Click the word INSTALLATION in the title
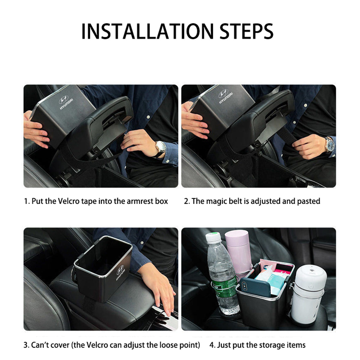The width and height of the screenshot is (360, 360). coord(147,31)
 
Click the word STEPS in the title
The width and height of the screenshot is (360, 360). coord(247,31)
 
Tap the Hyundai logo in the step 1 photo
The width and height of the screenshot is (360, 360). coord(66,102)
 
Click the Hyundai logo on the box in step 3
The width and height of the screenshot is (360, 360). coord(120,272)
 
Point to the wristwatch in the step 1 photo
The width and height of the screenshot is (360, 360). coord(160,148)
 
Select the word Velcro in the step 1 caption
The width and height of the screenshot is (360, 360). coord(69,201)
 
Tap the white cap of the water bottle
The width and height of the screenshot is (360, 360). coord(213,237)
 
